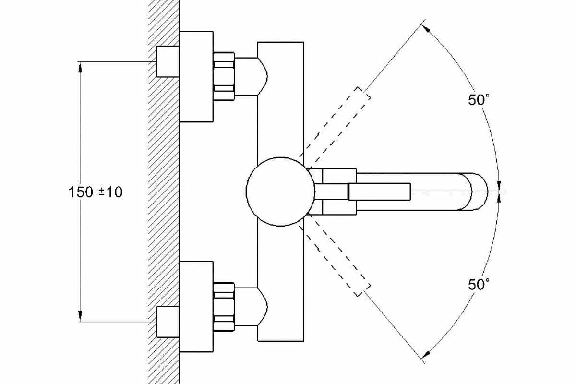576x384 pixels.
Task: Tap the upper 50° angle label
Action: [x=479, y=100]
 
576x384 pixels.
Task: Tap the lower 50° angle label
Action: [x=479, y=284]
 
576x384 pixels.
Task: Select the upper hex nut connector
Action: [x=223, y=76]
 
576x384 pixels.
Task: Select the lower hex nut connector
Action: [x=223, y=307]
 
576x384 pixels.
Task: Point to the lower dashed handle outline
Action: [x=334, y=259]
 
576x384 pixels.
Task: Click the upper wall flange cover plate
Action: [x=196, y=76]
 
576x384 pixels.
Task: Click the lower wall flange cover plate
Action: [x=196, y=307]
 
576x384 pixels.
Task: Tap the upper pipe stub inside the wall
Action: [x=168, y=61]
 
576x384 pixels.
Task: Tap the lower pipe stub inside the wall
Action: [x=168, y=322]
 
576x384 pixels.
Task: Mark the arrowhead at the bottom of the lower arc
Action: [x=425, y=355]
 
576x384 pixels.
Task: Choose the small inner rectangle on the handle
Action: [x=379, y=191]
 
